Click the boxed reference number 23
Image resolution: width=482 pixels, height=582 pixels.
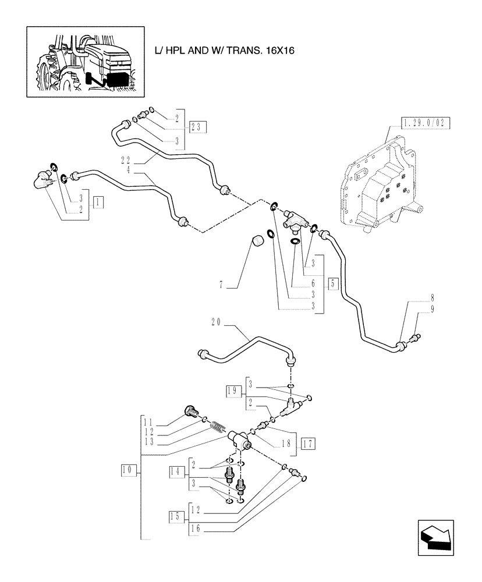tap(198, 126)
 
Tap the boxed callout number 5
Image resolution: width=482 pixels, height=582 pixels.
tap(332, 284)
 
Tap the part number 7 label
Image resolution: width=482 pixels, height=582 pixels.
tap(221, 285)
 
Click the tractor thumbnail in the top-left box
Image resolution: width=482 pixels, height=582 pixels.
tap(85, 61)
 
